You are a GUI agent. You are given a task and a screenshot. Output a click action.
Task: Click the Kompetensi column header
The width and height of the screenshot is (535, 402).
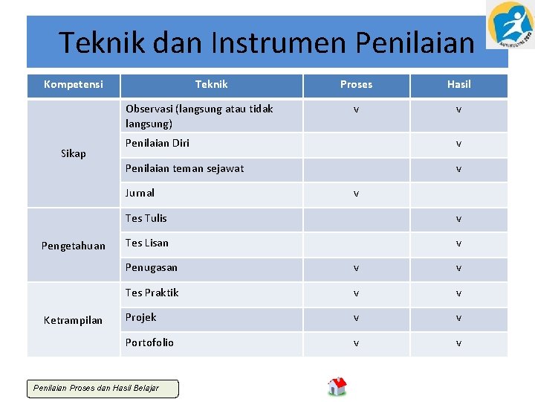[x=73, y=84]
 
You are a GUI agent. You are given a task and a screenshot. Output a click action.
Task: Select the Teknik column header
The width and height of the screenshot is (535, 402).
[x=211, y=84]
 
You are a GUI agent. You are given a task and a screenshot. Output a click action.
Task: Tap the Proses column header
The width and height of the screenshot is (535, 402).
[x=356, y=84]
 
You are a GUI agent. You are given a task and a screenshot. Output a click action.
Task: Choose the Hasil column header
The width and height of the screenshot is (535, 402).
[x=458, y=84]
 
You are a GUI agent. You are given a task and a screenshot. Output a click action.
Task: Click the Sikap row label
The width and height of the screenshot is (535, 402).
[x=73, y=153]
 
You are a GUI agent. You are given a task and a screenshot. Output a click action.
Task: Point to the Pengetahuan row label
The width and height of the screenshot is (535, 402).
[x=73, y=246]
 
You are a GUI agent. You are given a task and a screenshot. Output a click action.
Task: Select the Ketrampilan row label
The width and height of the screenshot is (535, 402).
[x=73, y=320]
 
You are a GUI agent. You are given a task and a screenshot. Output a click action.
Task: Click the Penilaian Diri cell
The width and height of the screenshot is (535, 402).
[x=158, y=143]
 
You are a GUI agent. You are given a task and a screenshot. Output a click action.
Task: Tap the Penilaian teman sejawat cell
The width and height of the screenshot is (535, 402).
[x=184, y=168]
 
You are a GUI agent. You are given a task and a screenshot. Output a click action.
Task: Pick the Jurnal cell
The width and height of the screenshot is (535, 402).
[x=140, y=193]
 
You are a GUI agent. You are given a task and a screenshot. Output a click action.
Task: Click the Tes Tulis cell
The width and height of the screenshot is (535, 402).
[x=146, y=218]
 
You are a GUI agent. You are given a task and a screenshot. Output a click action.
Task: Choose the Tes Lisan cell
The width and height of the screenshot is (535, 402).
[x=146, y=243]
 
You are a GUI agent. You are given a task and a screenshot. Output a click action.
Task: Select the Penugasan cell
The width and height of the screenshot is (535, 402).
[x=151, y=267]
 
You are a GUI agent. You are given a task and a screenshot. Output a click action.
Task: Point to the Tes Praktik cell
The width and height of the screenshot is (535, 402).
[x=152, y=293]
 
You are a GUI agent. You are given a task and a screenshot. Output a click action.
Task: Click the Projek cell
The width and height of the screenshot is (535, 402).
[x=140, y=317]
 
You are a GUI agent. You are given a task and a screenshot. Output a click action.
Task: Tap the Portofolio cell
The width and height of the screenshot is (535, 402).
[x=149, y=342]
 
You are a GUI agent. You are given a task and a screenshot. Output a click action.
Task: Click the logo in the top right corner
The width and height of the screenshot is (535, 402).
[x=510, y=25]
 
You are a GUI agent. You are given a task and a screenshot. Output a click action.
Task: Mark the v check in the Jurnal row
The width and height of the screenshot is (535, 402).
[x=356, y=194]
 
